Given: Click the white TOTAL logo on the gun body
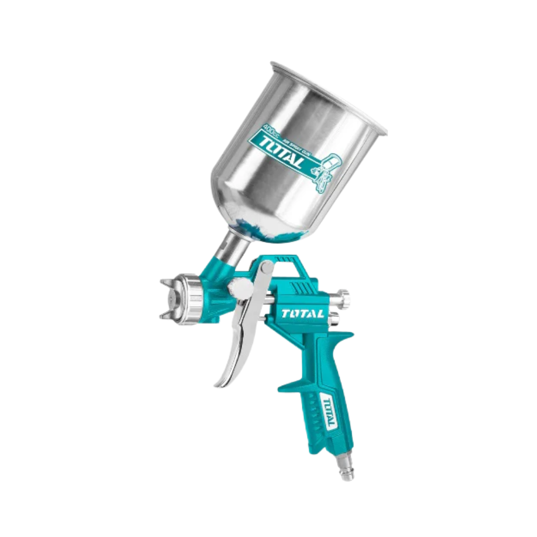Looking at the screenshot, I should (302, 314).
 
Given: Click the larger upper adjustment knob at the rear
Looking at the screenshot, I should (341, 296).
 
